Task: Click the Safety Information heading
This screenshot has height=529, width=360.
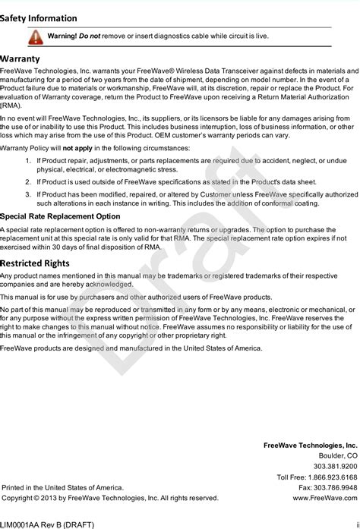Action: tap(38, 18)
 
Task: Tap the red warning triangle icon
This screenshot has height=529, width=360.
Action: tap(36, 36)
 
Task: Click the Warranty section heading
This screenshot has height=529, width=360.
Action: tap(21, 58)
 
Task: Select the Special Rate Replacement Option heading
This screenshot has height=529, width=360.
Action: tap(60, 216)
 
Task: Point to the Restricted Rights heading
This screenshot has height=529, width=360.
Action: tap(35, 263)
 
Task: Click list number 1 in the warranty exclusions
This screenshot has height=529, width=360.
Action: tap(28, 161)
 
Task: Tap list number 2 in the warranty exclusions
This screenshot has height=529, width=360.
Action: tap(28, 182)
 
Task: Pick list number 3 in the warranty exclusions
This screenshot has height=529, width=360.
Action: tap(28, 194)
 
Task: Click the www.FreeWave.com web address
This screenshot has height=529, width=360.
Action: tap(324, 499)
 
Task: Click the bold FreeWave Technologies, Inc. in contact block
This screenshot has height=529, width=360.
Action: tap(310, 445)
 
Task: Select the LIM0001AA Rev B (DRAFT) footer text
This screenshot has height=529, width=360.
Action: tap(47, 524)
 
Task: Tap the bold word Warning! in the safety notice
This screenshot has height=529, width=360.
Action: tap(62, 36)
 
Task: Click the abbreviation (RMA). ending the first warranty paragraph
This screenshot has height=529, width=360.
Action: tap(11, 105)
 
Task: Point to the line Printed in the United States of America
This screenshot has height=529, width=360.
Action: tap(62, 488)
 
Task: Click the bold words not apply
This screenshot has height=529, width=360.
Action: tap(77, 148)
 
